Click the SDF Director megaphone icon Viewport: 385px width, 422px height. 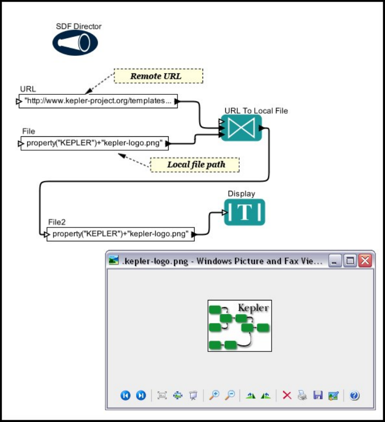[75, 43]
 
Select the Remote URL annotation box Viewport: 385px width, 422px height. [158, 76]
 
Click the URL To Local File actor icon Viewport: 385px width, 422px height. [241, 127]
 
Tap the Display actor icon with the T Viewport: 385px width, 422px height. [244, 212]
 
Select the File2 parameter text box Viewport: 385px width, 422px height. [120, 234]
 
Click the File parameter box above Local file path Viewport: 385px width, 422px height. [95, 143]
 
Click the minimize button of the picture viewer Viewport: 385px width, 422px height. [335, 261]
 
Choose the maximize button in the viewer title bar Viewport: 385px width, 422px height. [350, 261]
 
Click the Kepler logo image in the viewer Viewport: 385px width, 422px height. [240, 326]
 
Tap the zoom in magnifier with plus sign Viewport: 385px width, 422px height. [215, 395]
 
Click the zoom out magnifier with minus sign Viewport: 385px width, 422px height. [230, 395]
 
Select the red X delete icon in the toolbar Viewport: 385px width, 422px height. [287, 395]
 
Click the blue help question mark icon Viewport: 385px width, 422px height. [355, 395]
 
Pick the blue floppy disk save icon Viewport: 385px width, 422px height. [318, 395]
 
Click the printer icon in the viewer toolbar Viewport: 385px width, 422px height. [302, 395]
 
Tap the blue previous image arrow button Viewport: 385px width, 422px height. [125, 395]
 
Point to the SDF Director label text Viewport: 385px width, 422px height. [79, 26]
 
